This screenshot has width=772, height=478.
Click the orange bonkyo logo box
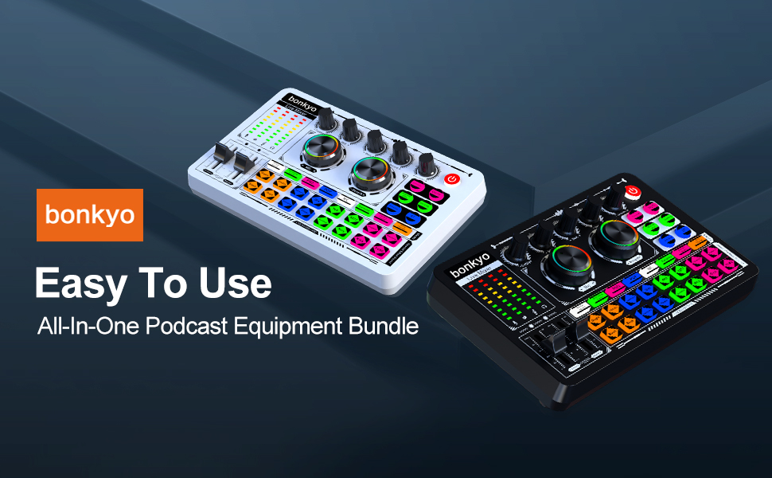pyautogui.click(x=89, y=214)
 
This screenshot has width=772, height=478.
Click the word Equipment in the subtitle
pyautogui.click(x=297, y=327)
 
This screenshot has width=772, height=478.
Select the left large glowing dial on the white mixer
pyautogui.click(x=319, y=150)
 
